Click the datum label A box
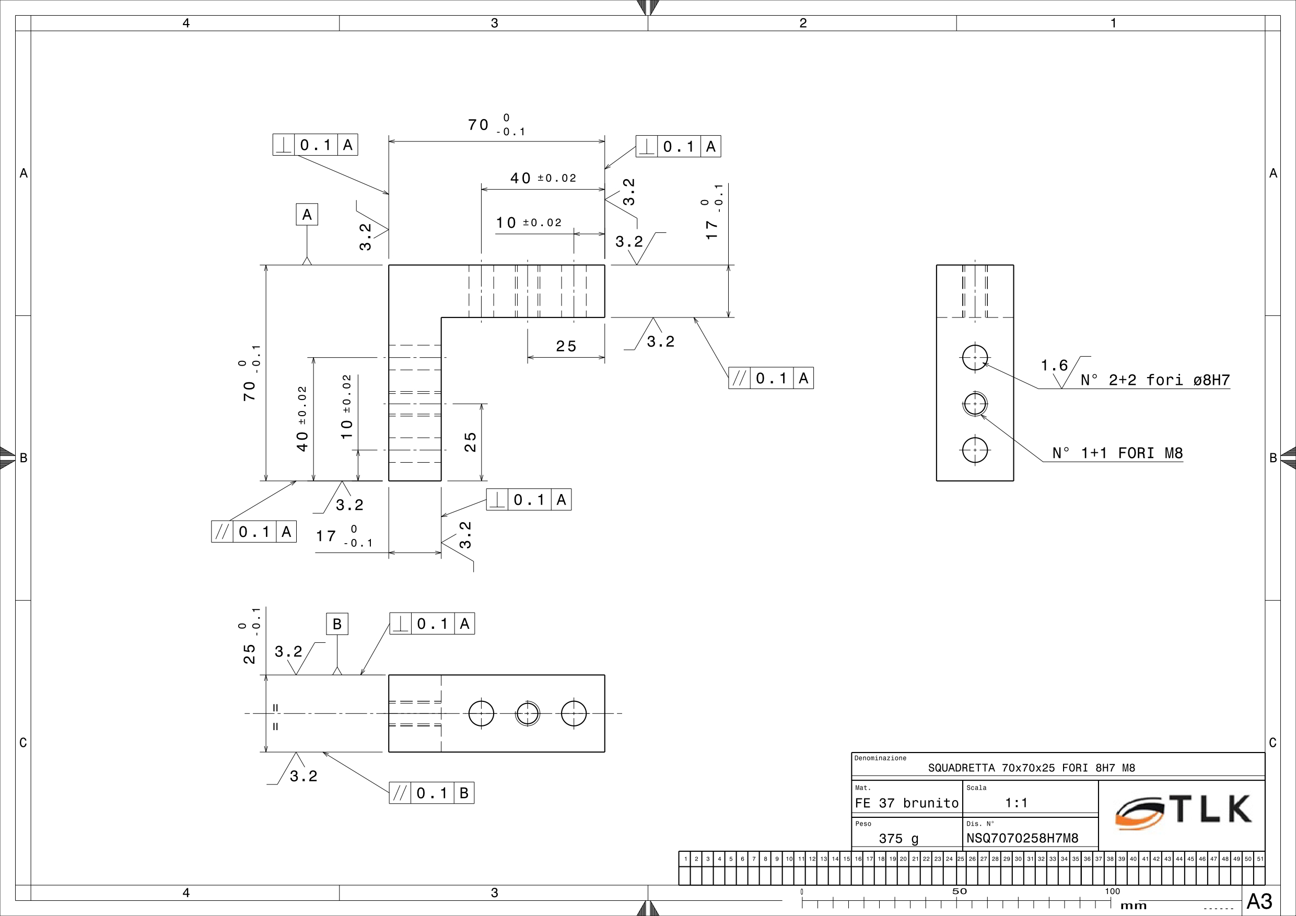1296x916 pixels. pos(307,215)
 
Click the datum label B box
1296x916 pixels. pos(337,624)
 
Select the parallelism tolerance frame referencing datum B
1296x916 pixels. pos(431,793)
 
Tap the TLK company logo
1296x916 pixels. pos(1184,812)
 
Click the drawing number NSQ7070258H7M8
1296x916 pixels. pos(1022,838)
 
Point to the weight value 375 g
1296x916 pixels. pos(898,839)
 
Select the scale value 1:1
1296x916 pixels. pos(1016,803)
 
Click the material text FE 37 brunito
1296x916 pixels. pos(906,803)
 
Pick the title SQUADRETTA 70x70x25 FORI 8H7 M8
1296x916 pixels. pos(1031,768)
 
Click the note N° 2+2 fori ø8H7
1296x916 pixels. pos(1155,380)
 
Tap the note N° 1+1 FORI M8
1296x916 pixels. pos(1117,453)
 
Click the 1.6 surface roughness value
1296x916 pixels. pos(1054,366)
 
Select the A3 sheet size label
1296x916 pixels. pos(1259,901)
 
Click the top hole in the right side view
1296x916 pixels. pos(975,357)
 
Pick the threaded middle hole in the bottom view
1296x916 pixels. pos(528,713)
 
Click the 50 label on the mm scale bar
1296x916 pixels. pos(959,891)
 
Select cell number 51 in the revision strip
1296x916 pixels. pos(1259,859)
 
